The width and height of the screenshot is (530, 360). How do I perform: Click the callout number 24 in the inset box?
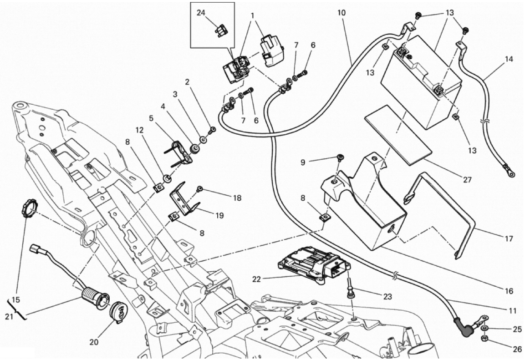[201, 13]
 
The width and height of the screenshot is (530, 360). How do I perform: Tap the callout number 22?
[256, 279]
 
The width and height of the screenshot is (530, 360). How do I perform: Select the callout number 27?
[467, 180]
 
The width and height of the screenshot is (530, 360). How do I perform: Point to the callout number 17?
[509, 239]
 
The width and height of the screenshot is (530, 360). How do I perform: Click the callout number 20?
[94, 342]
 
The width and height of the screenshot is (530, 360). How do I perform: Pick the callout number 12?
[140, 130]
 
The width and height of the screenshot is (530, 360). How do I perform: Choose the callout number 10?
[341, 13]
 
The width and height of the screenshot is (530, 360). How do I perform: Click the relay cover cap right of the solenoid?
[272, 52]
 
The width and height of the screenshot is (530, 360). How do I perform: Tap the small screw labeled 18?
[200, 188]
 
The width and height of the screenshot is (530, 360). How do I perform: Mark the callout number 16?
[509, 291]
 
